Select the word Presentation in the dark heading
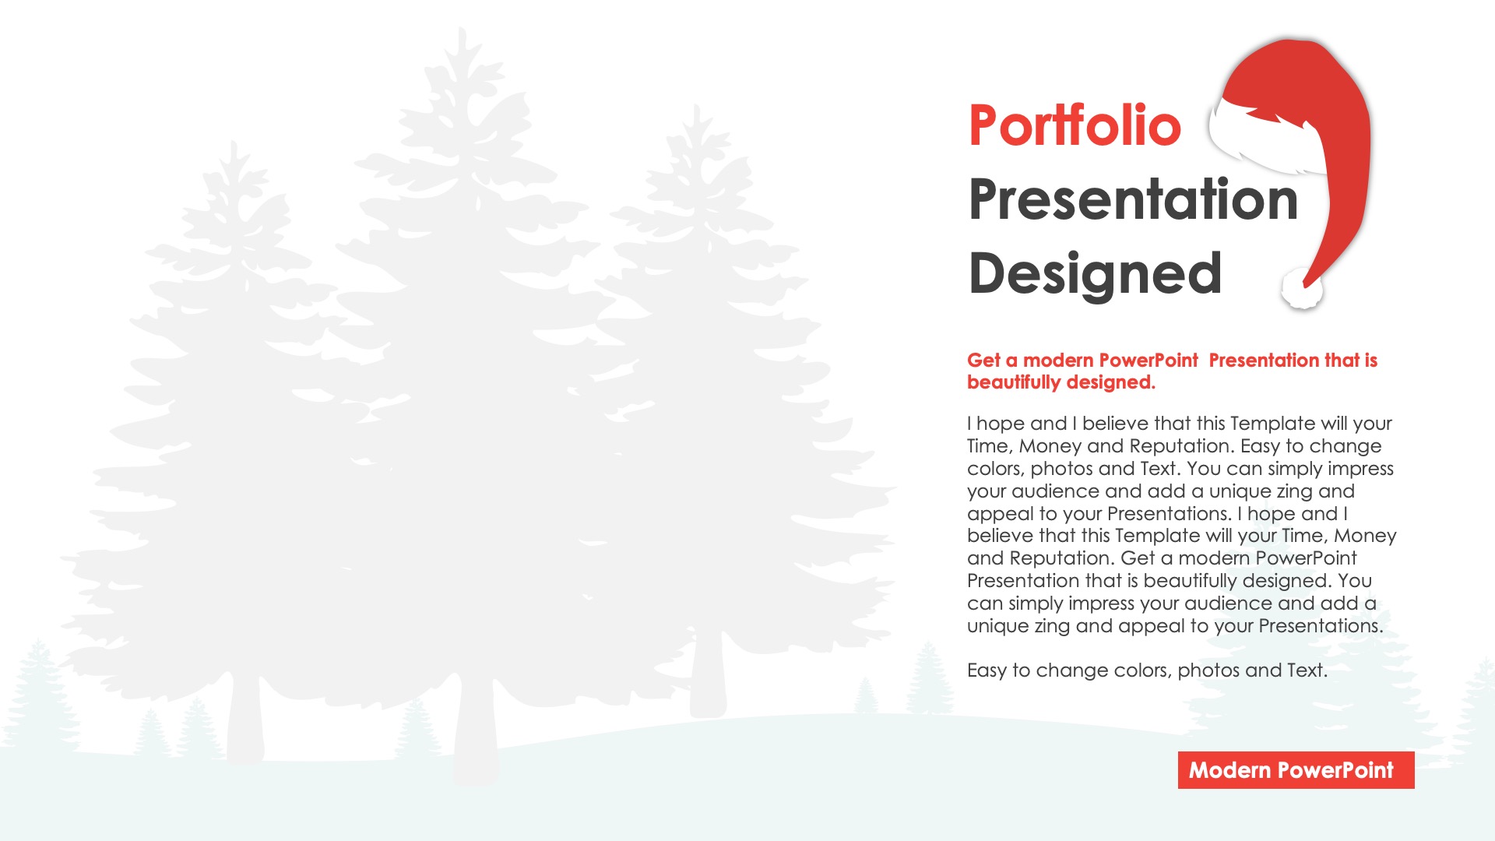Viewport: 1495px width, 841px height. coord(1134,199)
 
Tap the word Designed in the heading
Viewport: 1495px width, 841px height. coord(1095,274)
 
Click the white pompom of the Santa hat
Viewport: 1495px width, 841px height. coord(1302,288)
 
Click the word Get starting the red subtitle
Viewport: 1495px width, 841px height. coord(983,361)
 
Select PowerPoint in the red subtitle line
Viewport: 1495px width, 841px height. coord(1149,361)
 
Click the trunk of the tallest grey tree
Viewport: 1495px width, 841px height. coord(475,732)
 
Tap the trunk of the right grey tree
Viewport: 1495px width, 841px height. coord(708,677)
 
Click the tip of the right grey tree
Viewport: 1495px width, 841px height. coord(695,105)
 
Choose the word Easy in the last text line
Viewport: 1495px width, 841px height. coord(987,670)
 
